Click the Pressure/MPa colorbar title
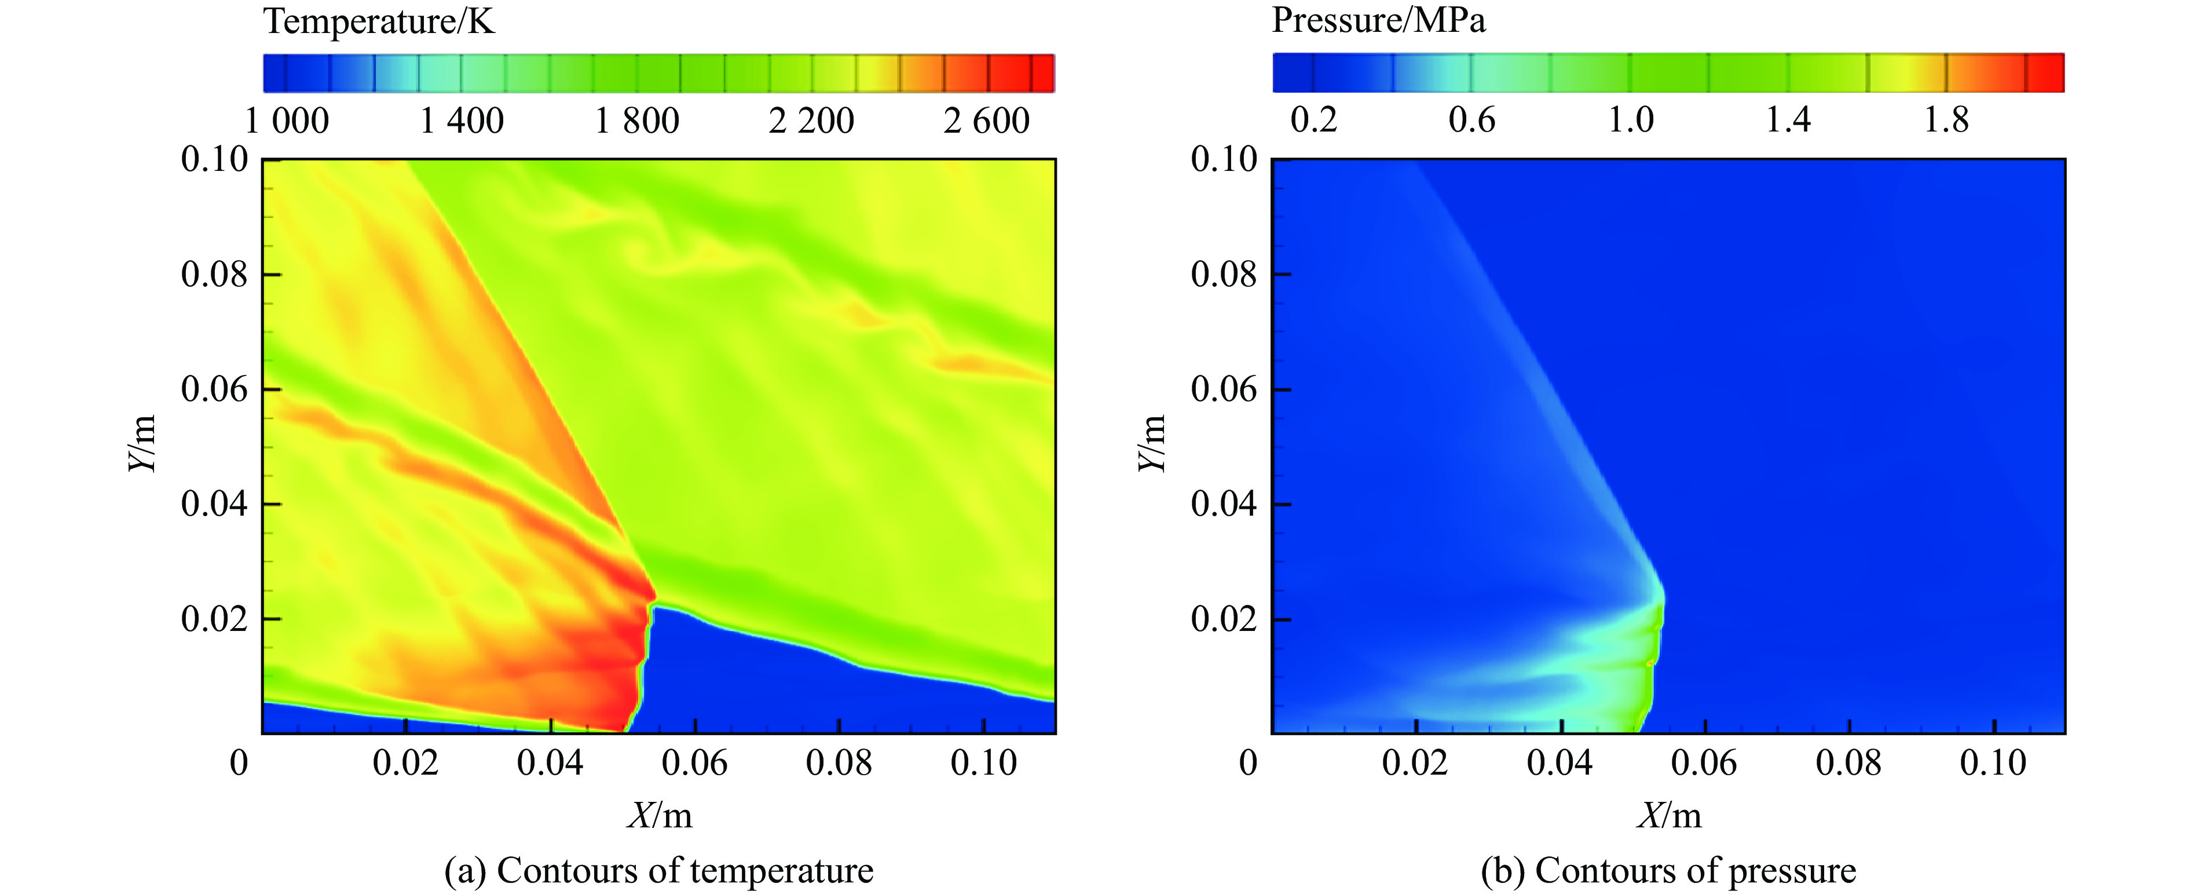1378,20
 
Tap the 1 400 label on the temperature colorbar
462,121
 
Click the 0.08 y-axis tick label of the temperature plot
214,275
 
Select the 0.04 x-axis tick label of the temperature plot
550,762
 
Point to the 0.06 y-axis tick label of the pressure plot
1223,389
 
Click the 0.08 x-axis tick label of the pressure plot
1848,762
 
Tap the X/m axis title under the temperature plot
660,816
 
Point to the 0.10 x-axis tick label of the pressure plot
1993,762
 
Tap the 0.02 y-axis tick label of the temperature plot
214,619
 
